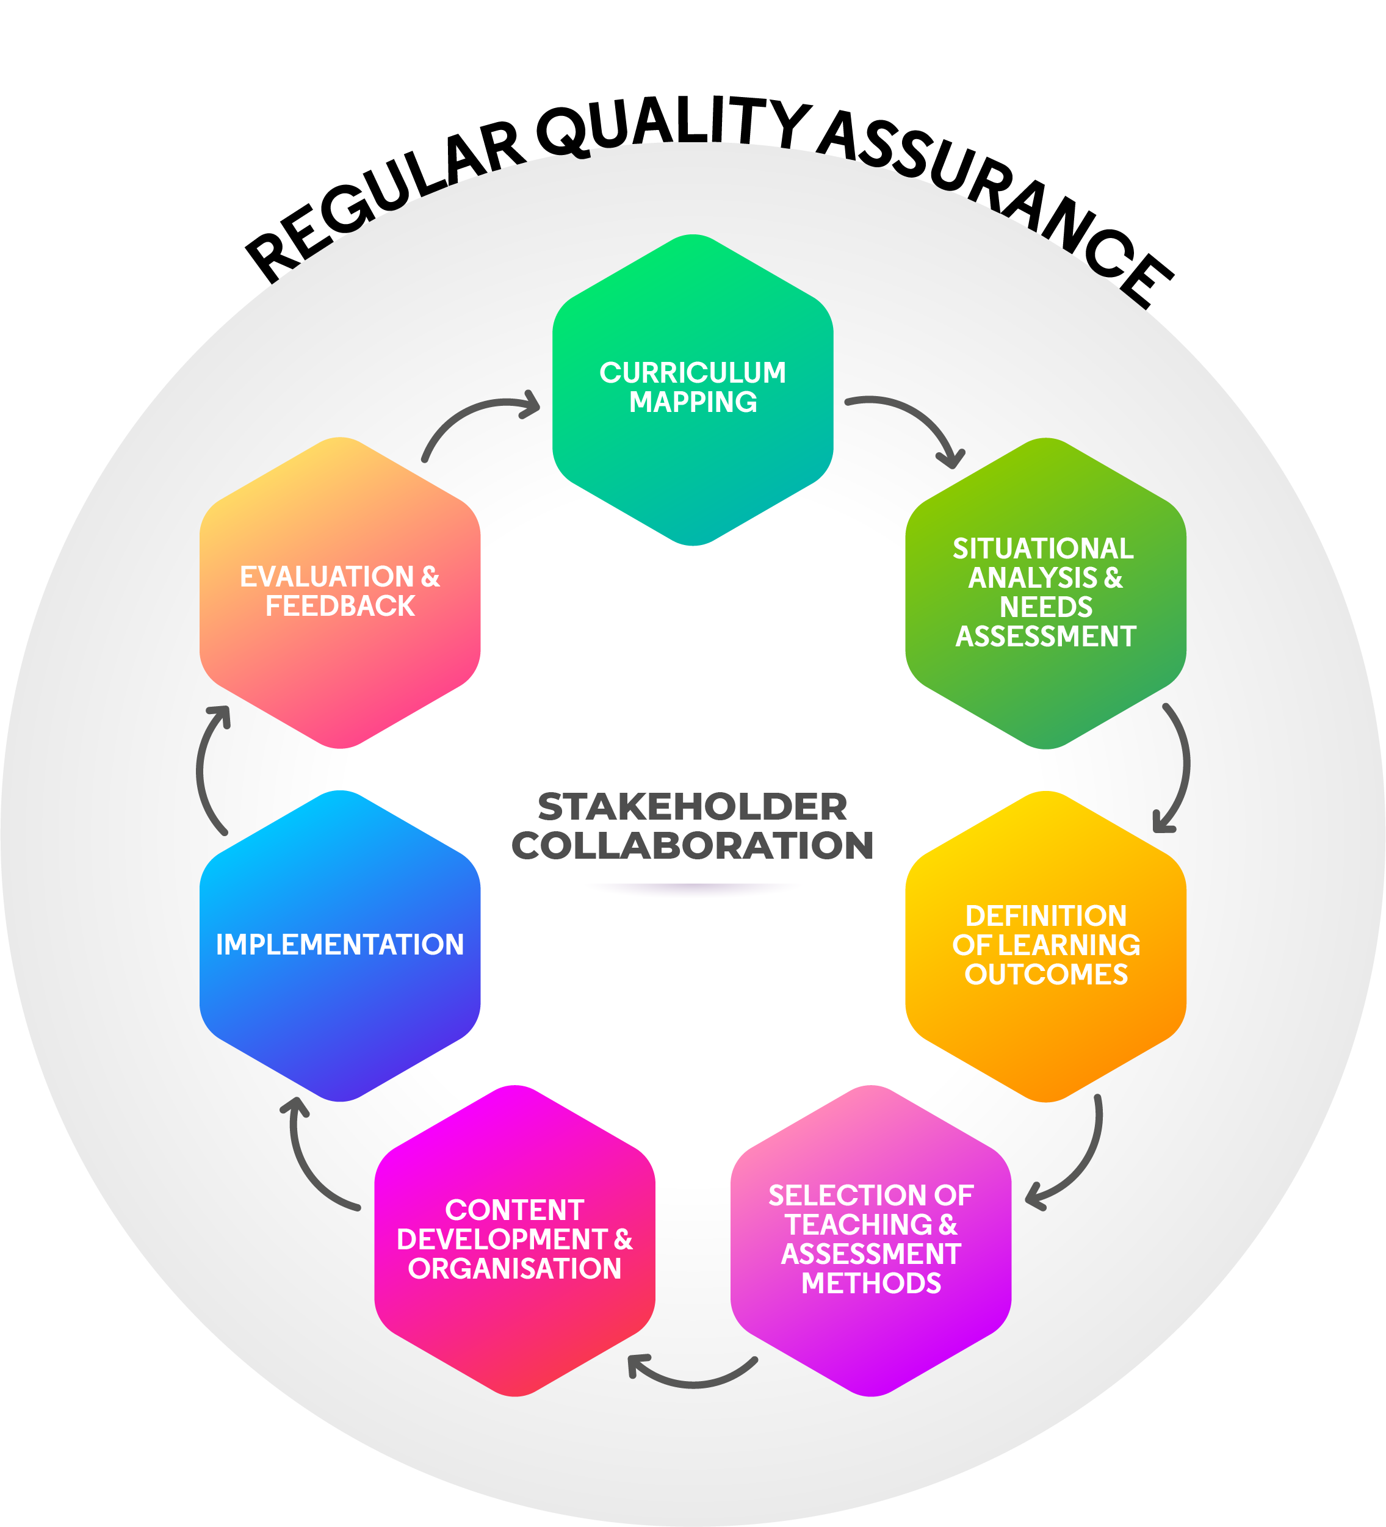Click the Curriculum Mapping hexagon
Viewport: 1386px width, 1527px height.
693,390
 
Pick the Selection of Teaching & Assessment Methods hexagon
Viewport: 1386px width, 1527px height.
871,1241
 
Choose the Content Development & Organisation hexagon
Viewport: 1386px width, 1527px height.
515,1241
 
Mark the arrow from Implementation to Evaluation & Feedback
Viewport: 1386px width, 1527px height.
203,769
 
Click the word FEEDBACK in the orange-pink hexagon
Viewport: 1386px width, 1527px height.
340,607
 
